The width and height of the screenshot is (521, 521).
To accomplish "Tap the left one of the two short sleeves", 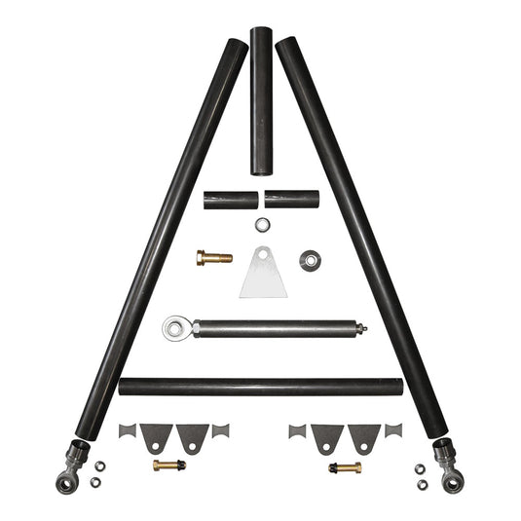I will pos(230,200).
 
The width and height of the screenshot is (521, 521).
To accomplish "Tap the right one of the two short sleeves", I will pos(292,200).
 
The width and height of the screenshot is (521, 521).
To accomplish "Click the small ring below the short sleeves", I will pos(261,225).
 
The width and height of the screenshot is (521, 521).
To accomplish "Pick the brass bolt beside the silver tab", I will pos(213,258).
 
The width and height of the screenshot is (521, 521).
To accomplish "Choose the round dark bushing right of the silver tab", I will pos(311,260).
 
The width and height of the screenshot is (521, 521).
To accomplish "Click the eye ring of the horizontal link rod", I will pos(175,328).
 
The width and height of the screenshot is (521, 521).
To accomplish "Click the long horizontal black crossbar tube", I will pos(260,387).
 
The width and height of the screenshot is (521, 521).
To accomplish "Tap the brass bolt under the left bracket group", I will pos(168,465).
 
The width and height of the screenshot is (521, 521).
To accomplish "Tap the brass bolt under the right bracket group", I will pos(345,467).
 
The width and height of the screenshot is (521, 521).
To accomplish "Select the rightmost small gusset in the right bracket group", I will pos(392,429).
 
